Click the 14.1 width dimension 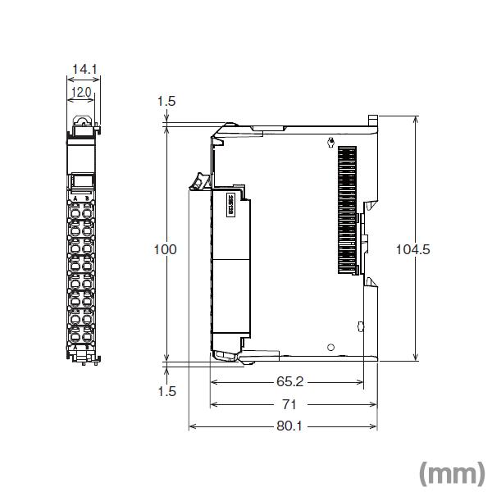click(x=83, y=71)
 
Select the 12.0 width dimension click(x=81, y=92)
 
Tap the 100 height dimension click(x=166, y=249)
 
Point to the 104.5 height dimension click(x=412, y=249)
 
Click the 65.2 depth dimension click(x=287, y=382)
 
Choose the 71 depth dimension click(x=289, y=404)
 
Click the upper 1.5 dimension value click(x=166, y=102)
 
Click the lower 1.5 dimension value click(x=166, y=391)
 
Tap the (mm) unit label click(x=451, y=473)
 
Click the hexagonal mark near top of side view click(x=330, y=144)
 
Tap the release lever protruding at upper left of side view click(x=197, y=181)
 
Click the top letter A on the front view click(x=75, y=198)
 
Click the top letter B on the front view click(x=87, y=198)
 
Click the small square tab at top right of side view click(x=373, y=120)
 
